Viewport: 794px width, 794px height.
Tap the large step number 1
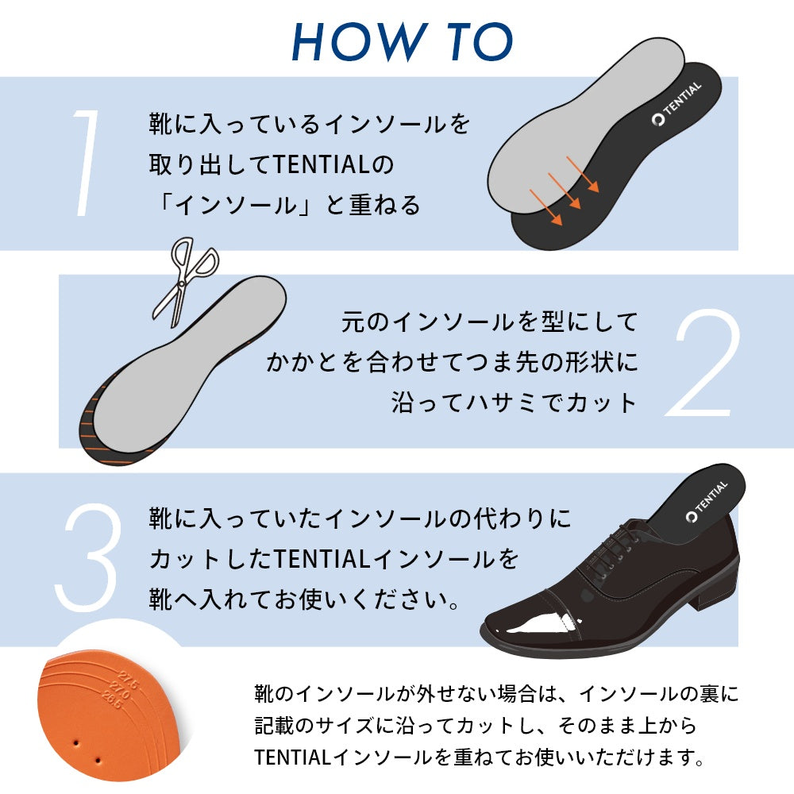(86, 163)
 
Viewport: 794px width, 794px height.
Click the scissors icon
(185, 282)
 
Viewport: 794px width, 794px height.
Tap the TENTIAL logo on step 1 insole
(676, 103)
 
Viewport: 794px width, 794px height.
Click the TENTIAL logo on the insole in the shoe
(707, 500)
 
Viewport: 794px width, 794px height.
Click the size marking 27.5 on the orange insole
(128, 680)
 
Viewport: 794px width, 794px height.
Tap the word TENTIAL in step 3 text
(324, 559)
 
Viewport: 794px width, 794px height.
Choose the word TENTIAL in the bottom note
(293, 757)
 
